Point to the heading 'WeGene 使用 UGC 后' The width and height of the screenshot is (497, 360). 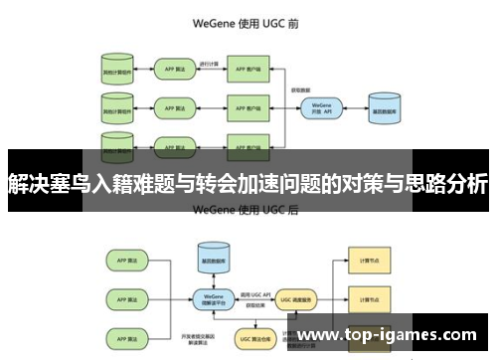(x=248, y=210)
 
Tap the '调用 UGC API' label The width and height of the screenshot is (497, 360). (x=252, y=285)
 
